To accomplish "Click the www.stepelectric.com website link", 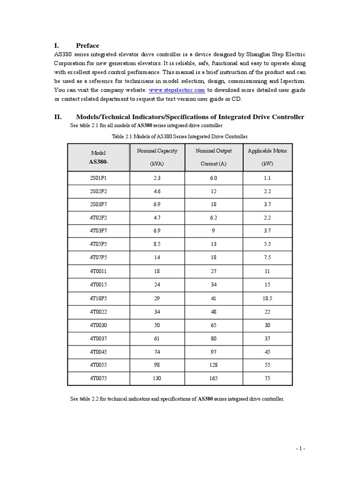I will [x=177, y=90].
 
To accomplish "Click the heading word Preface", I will [x=88, y=45].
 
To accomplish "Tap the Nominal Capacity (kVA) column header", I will [x=157, y=157].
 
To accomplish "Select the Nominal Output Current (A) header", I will [x=214, y=157].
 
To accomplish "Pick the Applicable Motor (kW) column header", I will [x=267, y=157].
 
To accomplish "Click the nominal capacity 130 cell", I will [x=157, y=378].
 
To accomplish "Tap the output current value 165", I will [x=214, y=378].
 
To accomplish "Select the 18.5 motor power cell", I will [x=267, y=298].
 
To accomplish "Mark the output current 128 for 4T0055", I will [x=214, y=365].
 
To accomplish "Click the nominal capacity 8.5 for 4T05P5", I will [x=157, y=245].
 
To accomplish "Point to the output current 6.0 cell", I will [x=214, y=178].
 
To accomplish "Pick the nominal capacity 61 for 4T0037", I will [x=157, y=338].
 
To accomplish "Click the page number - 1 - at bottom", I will [x=300, y=449].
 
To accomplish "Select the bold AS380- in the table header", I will [x=98, y=162].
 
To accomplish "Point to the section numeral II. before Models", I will [x=59, y=117].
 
